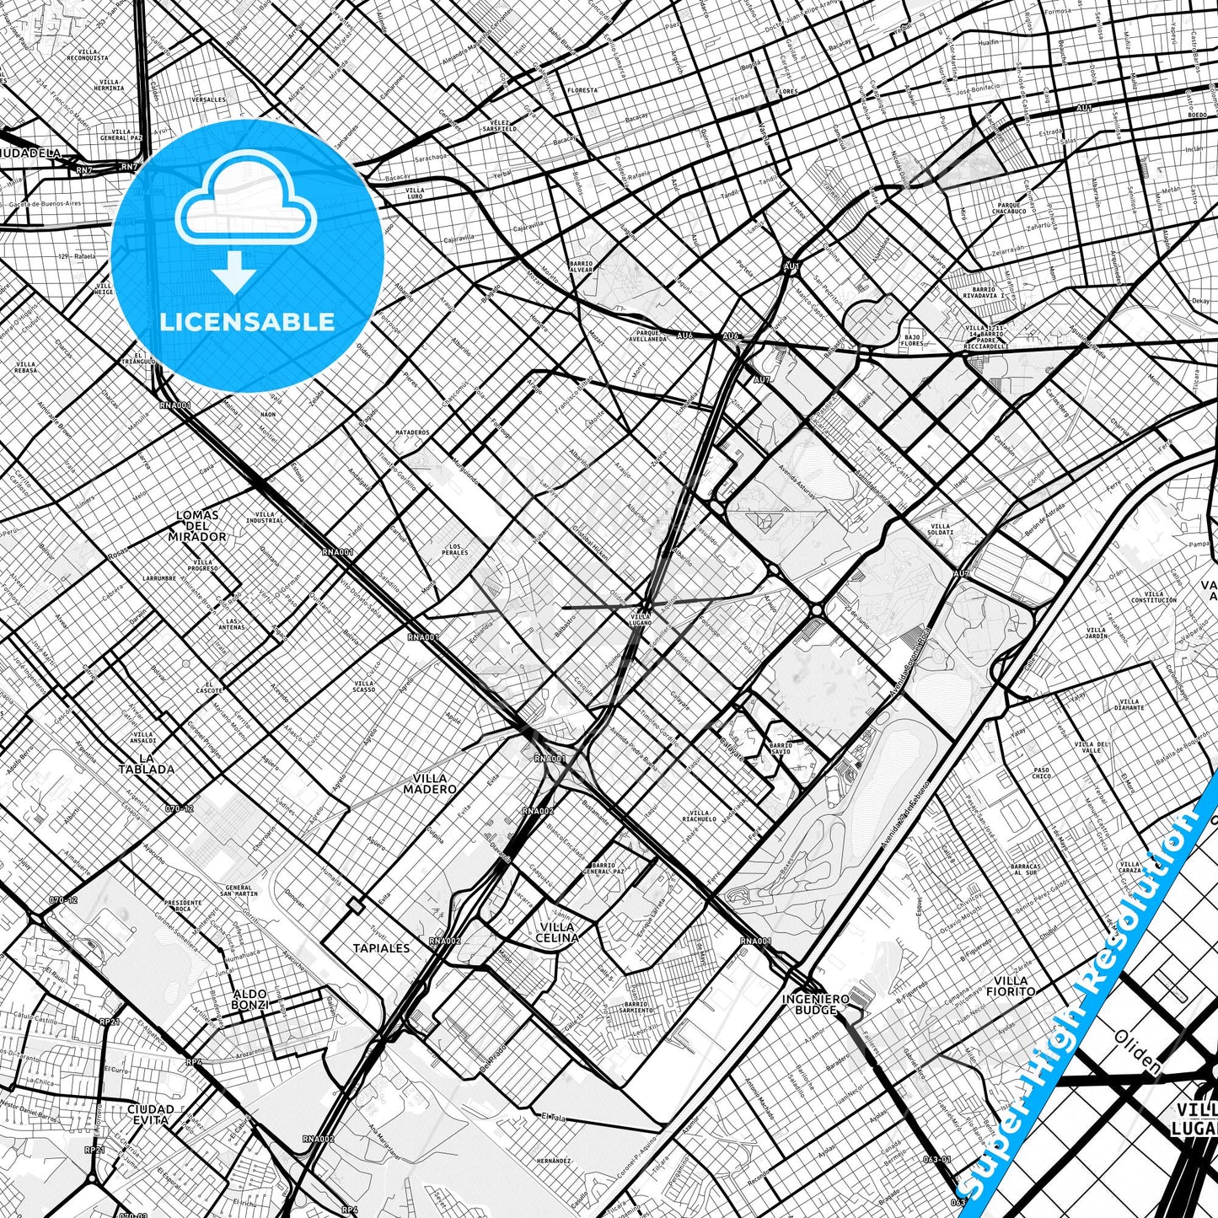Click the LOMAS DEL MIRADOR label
pos(196,525)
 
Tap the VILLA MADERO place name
pos(429,784)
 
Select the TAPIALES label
pos(381,947)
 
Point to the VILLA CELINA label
pos(557,931)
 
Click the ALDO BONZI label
pos(250,999)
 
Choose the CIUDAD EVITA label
pos(151,1114)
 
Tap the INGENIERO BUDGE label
pos(815,1004)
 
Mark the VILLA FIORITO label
pos(1011,985)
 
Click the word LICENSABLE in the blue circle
pos(247,322)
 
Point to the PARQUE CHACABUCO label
pos(1010,207)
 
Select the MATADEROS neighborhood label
pos(412,432)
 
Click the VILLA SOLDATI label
pos(940,529)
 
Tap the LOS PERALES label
pos(455,550)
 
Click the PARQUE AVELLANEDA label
pos(647,335)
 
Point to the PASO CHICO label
pos(1042,772)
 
